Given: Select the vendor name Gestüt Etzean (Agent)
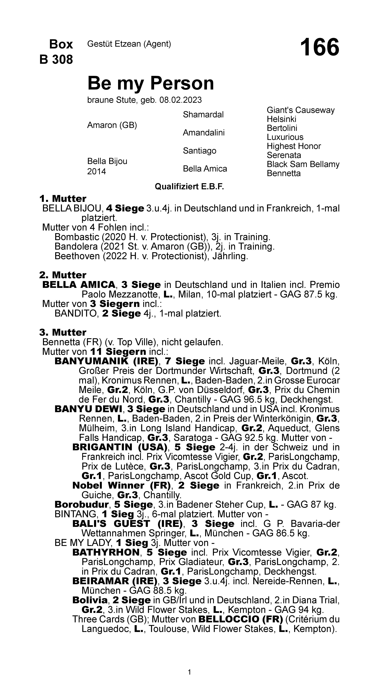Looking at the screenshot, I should point(129,44).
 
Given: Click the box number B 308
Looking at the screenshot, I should point(56,59).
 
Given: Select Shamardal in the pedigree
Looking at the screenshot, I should point(203,115).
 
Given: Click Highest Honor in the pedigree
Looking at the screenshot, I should point(294,146).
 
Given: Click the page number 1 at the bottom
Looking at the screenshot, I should point(189,672).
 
